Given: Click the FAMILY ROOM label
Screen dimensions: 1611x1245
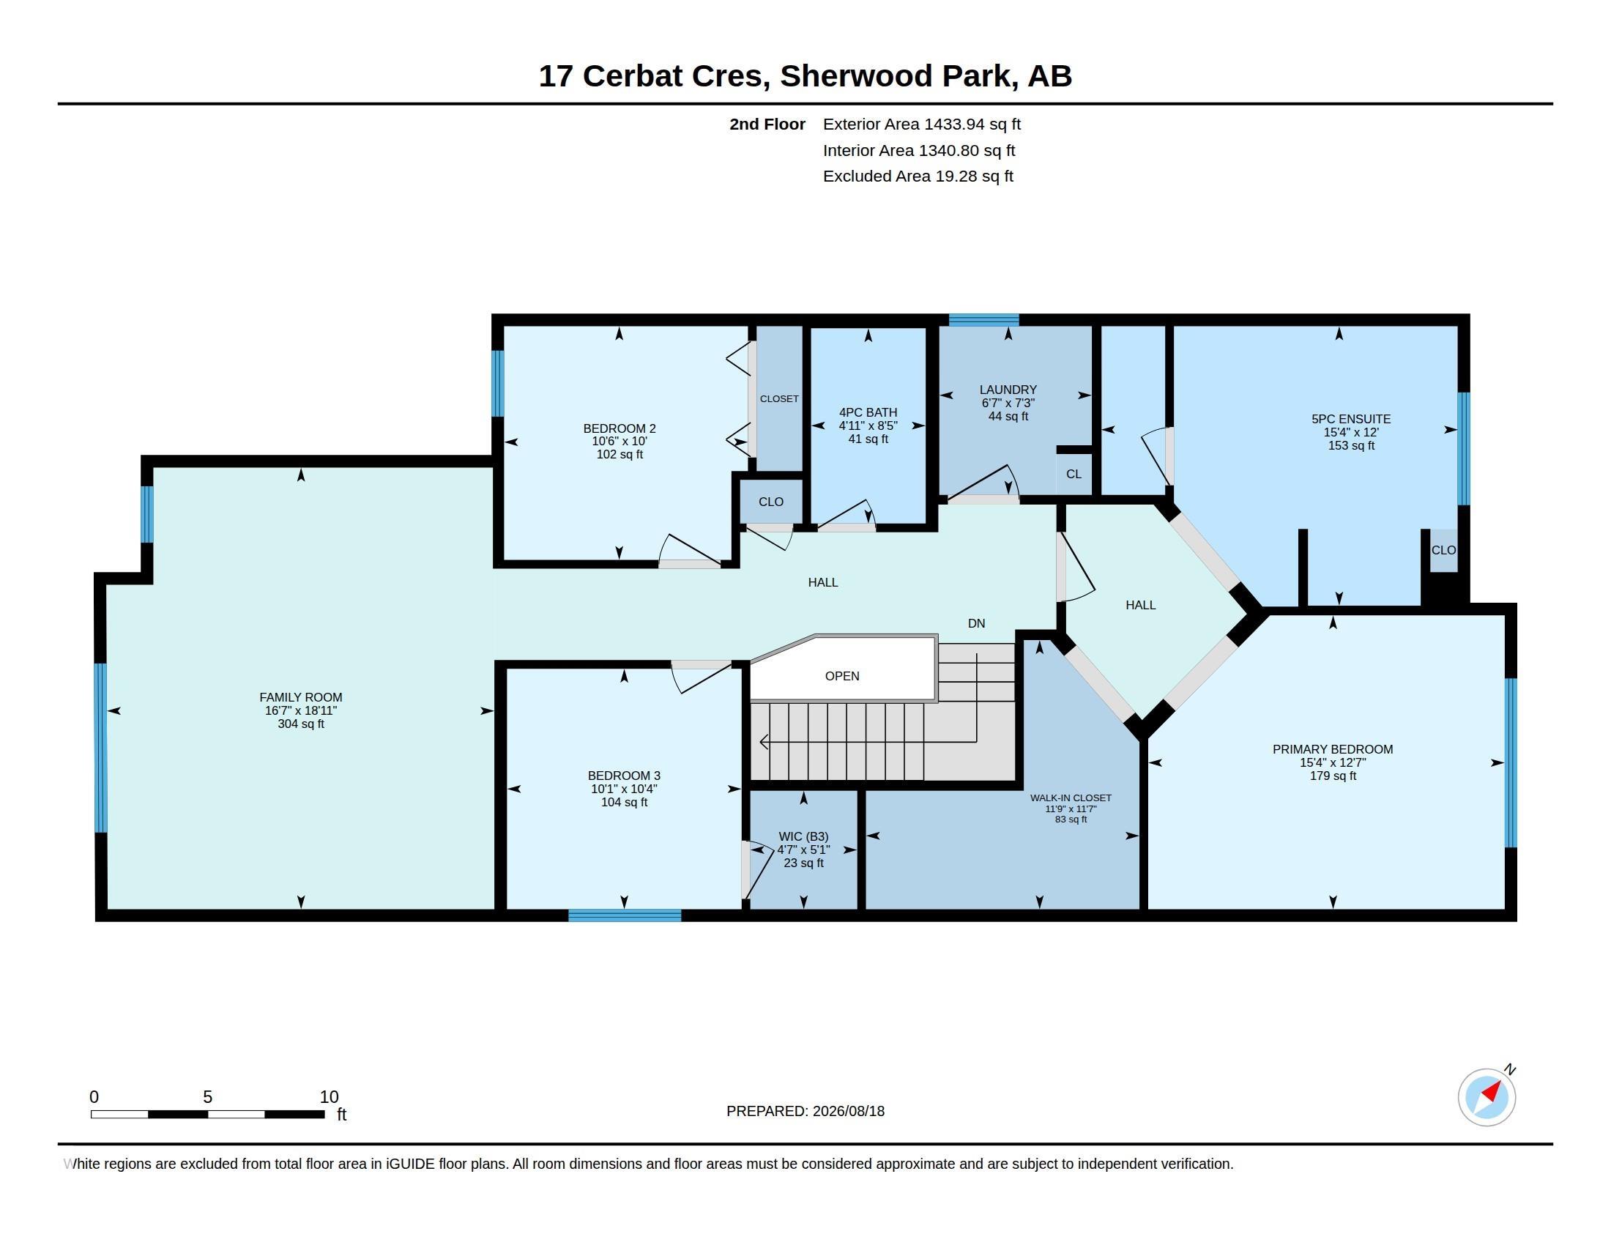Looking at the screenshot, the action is coord(301,697).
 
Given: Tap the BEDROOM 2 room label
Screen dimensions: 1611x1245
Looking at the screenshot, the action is coord(620,428).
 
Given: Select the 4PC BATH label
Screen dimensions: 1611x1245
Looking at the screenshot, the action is coord(868,412).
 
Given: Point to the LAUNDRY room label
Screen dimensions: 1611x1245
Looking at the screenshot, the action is coord(1008,390).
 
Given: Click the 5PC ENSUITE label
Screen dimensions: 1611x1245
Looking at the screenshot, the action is coord(1351,419).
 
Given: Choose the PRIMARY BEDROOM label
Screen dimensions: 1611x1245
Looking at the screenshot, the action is coord(1333,749).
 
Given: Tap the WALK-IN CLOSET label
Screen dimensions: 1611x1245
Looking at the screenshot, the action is coord(1071,798).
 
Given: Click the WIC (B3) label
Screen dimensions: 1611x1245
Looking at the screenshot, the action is coord(804,836).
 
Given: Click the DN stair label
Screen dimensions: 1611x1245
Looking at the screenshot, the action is coord(977,623).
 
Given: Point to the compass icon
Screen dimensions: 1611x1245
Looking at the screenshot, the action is coord(1487,1097).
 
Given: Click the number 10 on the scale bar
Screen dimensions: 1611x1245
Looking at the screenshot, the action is coord(329,1097).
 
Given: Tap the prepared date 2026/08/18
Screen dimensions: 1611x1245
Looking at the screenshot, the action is coord(848,1111).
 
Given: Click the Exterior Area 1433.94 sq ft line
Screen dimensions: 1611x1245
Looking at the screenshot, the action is coord(922,124).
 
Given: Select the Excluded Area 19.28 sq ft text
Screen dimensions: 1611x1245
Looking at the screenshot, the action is coord(918,176).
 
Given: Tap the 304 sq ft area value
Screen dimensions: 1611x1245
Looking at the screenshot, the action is coord(301,724).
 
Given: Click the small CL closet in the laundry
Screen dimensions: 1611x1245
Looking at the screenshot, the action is coord(1074,474).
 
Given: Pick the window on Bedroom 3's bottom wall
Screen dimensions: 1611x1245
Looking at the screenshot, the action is coord(625,915).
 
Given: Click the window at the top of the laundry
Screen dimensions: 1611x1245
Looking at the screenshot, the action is coord(984,319).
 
